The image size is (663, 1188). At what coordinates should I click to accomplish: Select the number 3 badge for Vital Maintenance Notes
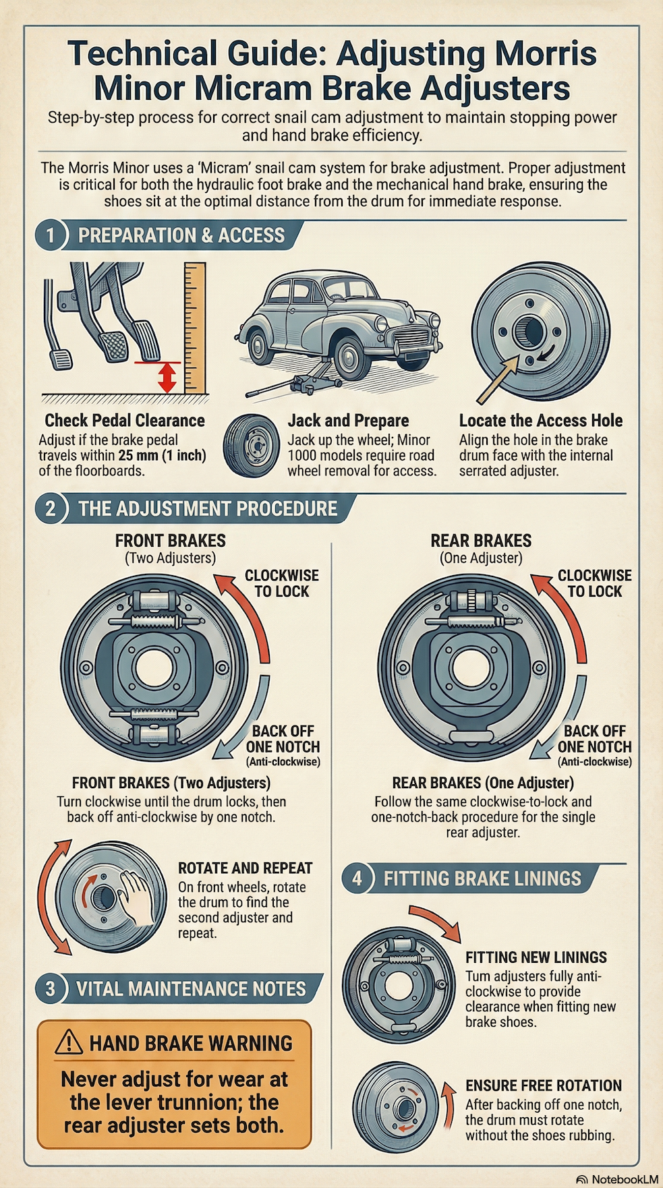[x=50, y=988]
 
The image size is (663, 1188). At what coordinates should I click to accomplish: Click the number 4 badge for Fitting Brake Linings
[x=357, y=878]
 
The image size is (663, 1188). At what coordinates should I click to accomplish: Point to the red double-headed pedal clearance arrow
[x=167, y=377]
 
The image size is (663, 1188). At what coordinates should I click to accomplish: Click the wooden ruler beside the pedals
[x=194, y=327]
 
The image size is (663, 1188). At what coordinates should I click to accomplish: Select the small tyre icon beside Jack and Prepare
[x=251, y=446]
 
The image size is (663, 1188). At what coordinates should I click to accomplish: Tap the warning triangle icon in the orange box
[x=69, y=1042]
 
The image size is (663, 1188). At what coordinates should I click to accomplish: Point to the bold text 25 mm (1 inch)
[x=162, y=455]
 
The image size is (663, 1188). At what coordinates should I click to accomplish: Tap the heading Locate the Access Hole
[x=541, y=421]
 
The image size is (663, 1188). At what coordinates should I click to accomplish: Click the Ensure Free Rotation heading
[x=544, y=1086]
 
